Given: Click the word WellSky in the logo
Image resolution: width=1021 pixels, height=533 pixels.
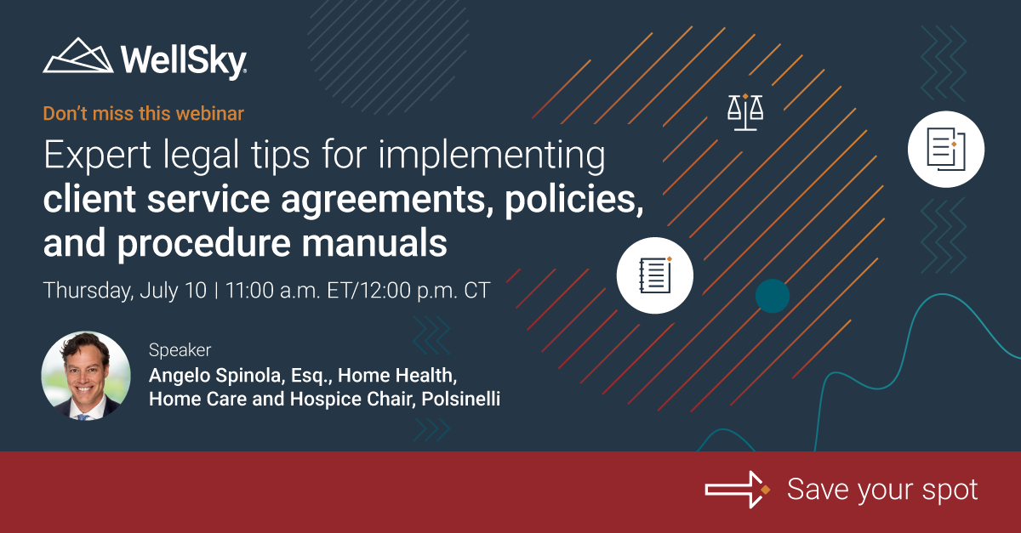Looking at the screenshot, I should click(x=183, y=60).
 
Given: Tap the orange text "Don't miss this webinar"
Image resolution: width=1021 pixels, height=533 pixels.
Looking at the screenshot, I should click(x=144, y=112).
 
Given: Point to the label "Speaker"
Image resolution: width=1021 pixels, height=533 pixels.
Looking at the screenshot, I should click(x=180, y=349).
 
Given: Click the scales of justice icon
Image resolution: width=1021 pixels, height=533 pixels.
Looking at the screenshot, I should click(x=744, y=111).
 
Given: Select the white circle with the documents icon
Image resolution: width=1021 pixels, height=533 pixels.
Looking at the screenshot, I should click(x=945, y=149).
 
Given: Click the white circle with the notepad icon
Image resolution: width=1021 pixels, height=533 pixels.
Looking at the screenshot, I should click(x=655, y=275).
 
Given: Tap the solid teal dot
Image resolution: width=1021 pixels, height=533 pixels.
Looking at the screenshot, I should click(x=773, y=295).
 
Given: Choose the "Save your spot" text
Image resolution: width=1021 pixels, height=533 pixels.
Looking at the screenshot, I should click(x=882, y=490).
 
